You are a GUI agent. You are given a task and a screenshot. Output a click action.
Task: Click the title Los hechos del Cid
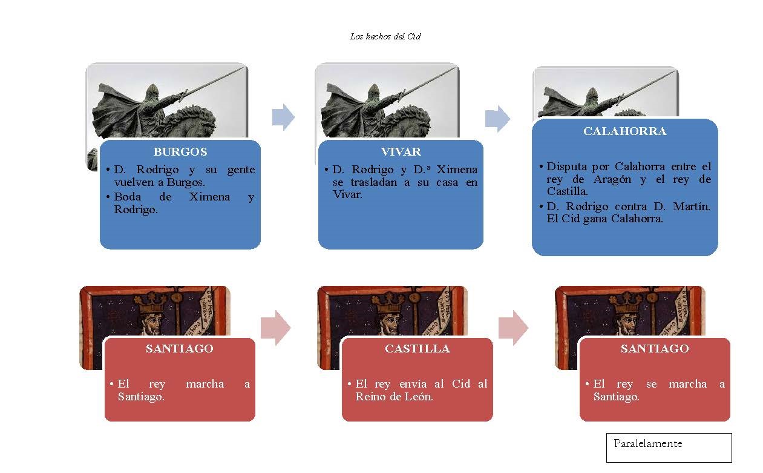tap(385, 36)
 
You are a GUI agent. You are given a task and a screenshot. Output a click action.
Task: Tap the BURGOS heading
tap(180, 152)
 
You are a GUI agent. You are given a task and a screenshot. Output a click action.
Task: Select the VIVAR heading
tap(401, 152)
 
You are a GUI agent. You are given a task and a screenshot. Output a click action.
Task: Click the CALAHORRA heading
tap(624, 131)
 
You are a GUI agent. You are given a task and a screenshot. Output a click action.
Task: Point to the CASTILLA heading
tap(418, 348)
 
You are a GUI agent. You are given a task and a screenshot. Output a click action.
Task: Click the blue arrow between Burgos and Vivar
tap(283, 117)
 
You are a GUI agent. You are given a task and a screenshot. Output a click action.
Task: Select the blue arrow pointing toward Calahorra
tap(497, 119)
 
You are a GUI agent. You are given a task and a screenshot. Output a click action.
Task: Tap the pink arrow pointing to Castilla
tap(275, 328)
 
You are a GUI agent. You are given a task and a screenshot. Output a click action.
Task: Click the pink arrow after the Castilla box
tap(513, 328)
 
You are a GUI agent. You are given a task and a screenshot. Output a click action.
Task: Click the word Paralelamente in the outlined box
tap(648, 443)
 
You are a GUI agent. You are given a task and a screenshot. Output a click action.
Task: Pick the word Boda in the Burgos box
tap(128, 197)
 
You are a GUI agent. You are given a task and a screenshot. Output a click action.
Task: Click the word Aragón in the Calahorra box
tap(612, 180)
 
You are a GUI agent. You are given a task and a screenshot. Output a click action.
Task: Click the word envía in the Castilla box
tap(413, 384)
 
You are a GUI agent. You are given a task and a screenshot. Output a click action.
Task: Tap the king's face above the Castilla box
tap(389, 322)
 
